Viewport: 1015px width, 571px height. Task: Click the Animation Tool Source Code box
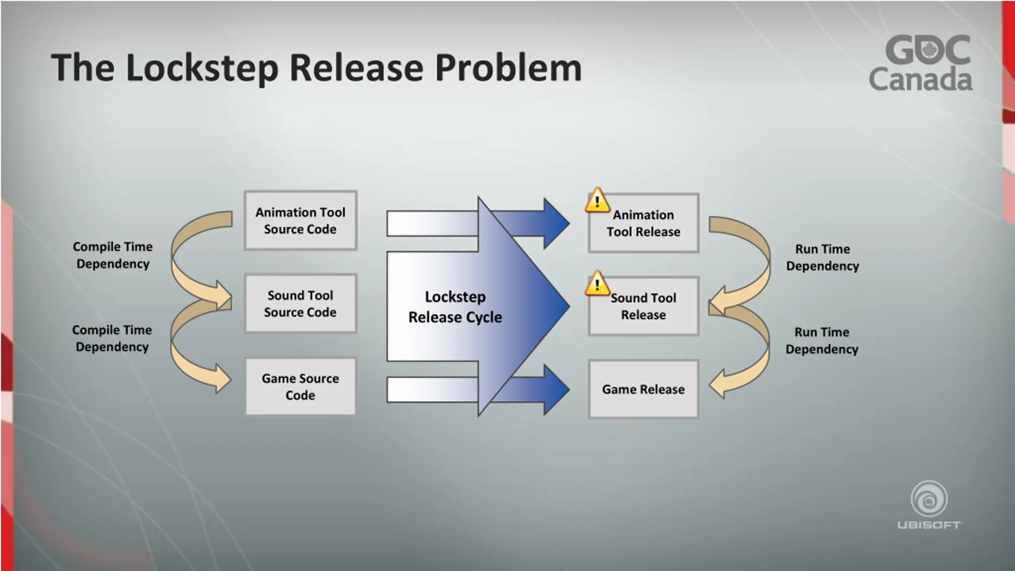301,220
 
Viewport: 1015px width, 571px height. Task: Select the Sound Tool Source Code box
301,303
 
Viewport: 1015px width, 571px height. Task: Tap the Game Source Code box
301,387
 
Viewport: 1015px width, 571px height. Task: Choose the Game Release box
643,389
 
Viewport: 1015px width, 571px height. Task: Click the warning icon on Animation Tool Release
597,200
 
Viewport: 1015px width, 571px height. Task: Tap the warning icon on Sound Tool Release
597,284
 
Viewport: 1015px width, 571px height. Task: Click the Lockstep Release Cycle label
455,307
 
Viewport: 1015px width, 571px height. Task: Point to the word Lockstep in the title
202,68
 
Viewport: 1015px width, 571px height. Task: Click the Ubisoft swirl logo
929,499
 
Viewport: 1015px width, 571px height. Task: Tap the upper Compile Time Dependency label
113,255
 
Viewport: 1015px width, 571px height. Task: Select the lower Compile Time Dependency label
112,338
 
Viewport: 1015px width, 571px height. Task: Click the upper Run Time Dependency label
823,257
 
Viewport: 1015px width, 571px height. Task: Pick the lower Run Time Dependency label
822,340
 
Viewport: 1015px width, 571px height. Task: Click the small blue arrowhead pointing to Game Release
555,389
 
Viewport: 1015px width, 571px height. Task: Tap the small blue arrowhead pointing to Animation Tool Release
555,223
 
